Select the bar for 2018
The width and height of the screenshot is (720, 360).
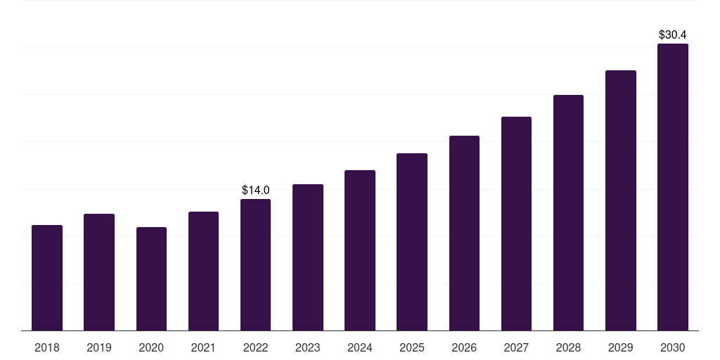pyautogui.click(x=47, y=278)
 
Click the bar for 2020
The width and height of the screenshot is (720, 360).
pyautogui.click(x=151, y=279)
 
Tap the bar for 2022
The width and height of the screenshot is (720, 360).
pyautogui.click(x=255, y=265)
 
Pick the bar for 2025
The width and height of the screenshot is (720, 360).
pyautogui.click(x=412, y=242)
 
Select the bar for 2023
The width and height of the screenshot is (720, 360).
pyautogui.click(x=308, y=257)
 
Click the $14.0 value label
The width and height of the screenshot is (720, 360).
pyautogui.click(x=256, y=190)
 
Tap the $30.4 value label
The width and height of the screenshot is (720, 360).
pyautogui.click(x=673, y=34)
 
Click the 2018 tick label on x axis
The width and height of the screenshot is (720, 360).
pyautogui.click(x=47, y=347)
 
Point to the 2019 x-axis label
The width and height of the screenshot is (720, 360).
pyautogui.click(x=99, y=347)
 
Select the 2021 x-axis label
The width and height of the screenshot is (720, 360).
pyautogui.click(x=203, y=347)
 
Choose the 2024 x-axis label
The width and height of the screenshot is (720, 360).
pyautogui.click(x=360, y=347)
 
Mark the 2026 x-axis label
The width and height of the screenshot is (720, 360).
pyautogui.click(x=464, y=347)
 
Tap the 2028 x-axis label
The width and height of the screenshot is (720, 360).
pyautogui.click(x=568, y=347)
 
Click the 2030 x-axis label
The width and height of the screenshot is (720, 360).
pyautogui.click(x=673, y=347)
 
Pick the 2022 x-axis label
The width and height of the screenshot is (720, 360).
pyautogui.click(x=255, y=347)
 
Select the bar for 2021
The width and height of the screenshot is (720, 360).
pyautogui.click(x=203, y=271)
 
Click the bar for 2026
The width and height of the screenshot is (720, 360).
pyautogui.click(x=464, y=233)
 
